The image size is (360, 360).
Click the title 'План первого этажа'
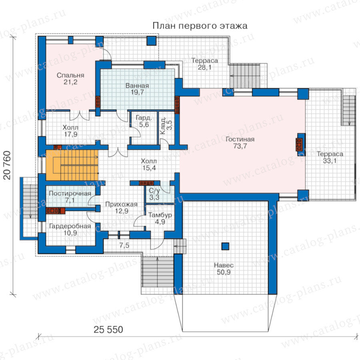click(200, 26)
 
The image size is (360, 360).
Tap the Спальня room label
click(70, 75)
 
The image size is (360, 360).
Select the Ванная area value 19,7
click(137, 92)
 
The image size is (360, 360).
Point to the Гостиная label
click(240, 139)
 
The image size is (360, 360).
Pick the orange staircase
click(72, 165)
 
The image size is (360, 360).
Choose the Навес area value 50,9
click(224, 272)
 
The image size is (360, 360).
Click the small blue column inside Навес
click(225, 246)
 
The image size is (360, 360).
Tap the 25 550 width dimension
click(108, 330)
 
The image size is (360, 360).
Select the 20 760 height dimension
click(7, 165)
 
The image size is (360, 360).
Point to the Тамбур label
click(160, 215)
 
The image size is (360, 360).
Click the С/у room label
click(154, 190)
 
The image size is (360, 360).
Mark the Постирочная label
click(70, 193)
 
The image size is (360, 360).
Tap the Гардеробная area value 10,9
click(70, 233)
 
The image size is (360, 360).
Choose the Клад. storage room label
click(162, 126)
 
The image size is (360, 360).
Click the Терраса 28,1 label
click(204, 64)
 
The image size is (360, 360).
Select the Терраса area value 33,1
click(330, 161)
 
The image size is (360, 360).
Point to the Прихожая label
click(121, 204)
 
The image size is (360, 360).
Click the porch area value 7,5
click(124, 246)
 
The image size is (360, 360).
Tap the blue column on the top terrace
click(151, 41)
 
